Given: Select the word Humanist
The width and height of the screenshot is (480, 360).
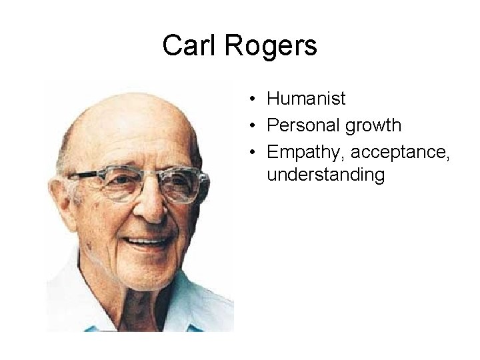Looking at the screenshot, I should click(305, 99).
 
